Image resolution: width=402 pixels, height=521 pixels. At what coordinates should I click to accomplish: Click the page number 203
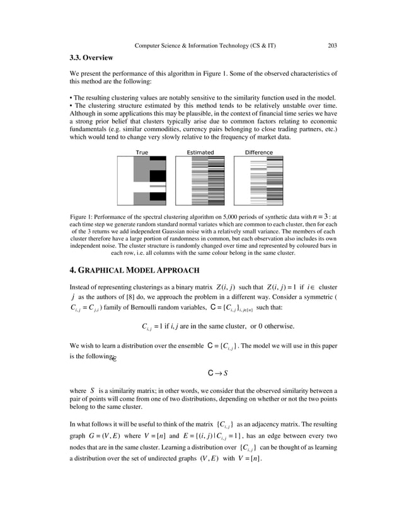coord(333,45)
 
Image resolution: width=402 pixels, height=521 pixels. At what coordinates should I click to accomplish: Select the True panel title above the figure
coord(142,152)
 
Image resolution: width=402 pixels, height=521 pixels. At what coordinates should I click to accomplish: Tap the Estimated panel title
coord(200,152)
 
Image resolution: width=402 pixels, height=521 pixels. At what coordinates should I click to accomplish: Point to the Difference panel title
coord(258,152)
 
